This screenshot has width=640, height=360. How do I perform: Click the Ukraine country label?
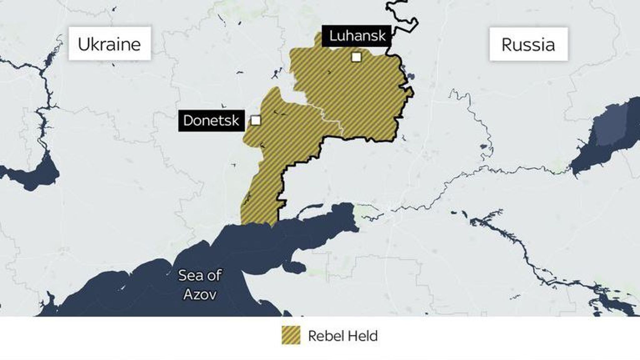(109, 44)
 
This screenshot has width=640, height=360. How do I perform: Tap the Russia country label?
(528, 44)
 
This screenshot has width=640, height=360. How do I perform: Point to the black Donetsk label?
(211, 121)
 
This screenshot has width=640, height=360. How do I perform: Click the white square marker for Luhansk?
(356, 57)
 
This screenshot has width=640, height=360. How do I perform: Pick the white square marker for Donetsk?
(256, 120)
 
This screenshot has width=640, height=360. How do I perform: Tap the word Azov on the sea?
(200, 294)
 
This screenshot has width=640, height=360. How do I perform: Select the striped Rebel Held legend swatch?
(291, 335)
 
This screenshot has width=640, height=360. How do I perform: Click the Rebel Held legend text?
(343, 336)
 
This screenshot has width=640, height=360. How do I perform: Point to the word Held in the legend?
(366, 336)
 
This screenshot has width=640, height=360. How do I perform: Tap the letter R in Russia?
(507, 44)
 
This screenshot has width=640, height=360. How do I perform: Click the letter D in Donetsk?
(188, 121)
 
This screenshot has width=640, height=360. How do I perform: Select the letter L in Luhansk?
(333, 36)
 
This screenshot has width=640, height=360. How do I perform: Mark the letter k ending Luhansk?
(382, 36)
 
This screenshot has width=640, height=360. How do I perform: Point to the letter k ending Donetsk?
(235, 121)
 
